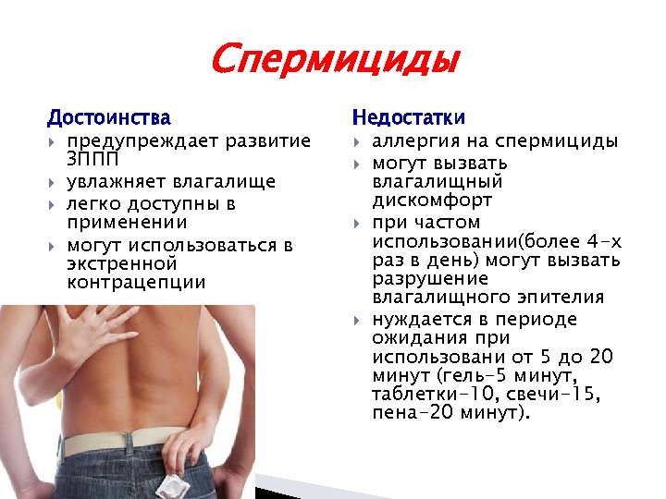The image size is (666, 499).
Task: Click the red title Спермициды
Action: (334, 61)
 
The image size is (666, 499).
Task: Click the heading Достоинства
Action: (109, 118)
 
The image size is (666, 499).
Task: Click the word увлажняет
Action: (112, 181)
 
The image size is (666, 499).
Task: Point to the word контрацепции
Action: (137, 283)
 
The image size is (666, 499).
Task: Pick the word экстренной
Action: (121, 263)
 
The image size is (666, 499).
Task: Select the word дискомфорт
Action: (432, 201)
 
